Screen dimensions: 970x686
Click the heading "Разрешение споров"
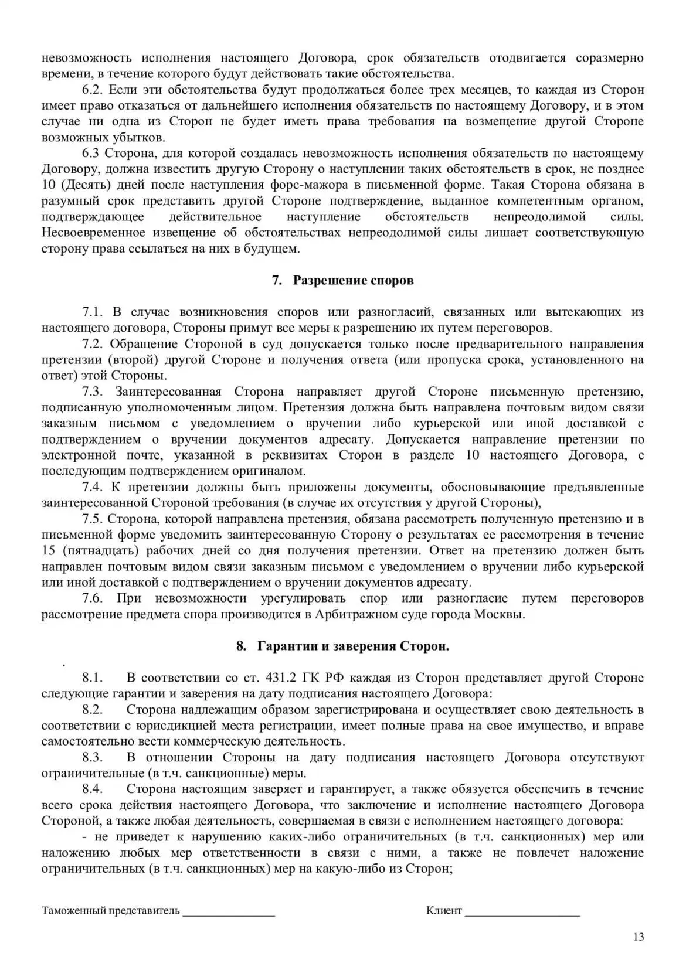tap(353, 280)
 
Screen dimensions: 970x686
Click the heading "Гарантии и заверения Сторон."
tap(352, 646)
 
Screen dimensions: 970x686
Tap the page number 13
tap(639, 937)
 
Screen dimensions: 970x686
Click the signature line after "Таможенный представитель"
tap(228, 912)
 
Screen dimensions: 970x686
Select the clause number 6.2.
tap(93, 90)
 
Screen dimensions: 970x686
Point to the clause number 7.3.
tap(93, 392)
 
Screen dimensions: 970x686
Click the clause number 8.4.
tap(93, 789)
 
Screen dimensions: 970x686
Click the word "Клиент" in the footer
tap(444, 911)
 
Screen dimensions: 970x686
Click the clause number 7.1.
tap(93, 312)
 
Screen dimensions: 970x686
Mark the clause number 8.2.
tap(93, 710)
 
